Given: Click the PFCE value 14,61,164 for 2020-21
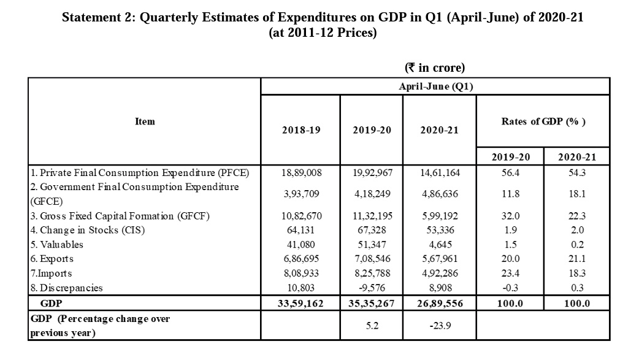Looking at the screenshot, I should tap(439, 172).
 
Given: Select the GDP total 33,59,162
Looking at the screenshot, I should tap(301, 303).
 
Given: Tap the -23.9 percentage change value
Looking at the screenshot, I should tap(439, 326).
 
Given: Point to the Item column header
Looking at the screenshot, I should tap(145, 121).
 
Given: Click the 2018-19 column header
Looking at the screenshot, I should tap(301, 130).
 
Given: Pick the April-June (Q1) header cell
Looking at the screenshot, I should tap(436, 86).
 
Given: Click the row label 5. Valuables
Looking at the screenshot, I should tap(57, 244).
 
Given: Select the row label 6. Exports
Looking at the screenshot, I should tap(53, 259).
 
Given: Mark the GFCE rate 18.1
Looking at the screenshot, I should tap(577, 194).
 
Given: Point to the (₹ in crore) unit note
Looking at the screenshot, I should tap(435, 67).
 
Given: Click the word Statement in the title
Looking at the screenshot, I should tap(93, 17).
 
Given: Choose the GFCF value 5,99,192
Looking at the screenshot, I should tap(439, 216).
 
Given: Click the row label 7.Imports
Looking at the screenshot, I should tap(51, 274).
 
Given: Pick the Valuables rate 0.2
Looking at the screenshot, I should tap(577, 244).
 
